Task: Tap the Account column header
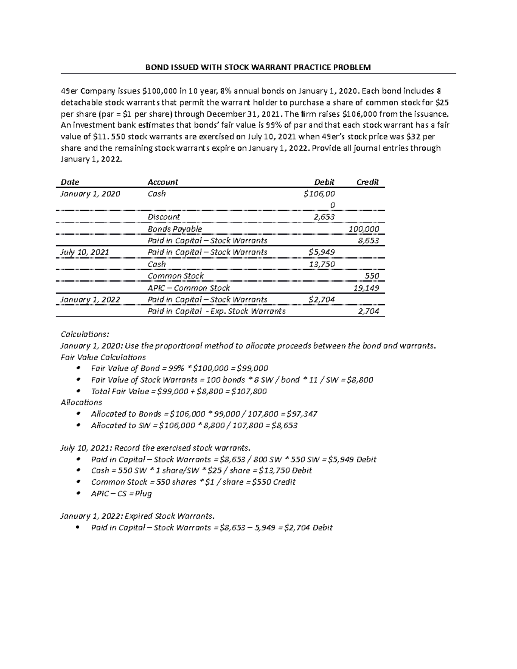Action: pos(162,182)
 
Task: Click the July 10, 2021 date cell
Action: pos(84,252)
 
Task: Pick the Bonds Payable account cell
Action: pos(174,229)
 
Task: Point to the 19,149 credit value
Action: pos(366,288)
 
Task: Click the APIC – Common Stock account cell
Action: pos(188,288)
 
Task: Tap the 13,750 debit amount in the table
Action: pos(322,264)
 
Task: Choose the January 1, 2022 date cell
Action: pos(90,300)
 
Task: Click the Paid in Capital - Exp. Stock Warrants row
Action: pos(216,311)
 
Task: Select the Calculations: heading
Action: pos(85,334)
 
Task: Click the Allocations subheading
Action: pos(81,402)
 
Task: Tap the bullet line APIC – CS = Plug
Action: pos(121,494)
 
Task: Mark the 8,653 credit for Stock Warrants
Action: pos(368,241)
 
